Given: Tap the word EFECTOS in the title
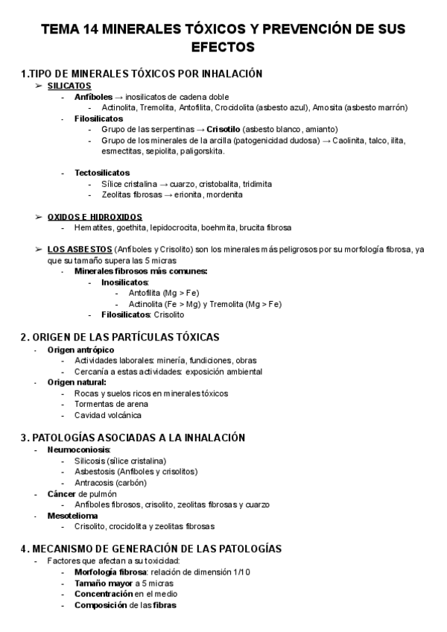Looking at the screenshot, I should coord(223,47).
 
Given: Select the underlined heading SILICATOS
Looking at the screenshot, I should coord(69,86).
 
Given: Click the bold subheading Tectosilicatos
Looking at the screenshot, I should coord(102,173).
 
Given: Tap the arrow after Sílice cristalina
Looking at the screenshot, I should coord(162,183).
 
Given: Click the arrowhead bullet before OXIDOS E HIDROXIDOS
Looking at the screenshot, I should coord(38,216).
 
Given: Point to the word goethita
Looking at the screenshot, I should coord(129,227).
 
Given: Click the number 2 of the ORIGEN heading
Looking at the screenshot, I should coord(24,337).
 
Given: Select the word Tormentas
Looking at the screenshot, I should coord(93,404).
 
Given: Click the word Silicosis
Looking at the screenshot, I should coord(90,461).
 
